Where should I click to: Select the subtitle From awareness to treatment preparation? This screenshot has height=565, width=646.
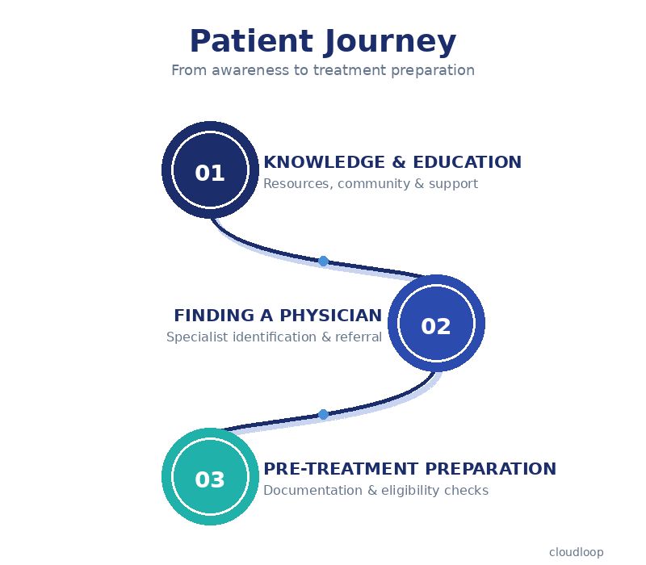coord(323,70)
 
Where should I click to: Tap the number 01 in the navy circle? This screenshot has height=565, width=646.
coord(210,174)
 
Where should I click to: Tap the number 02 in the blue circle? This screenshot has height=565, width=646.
coord(436,327)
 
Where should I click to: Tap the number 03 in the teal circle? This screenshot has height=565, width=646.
coord(210,480)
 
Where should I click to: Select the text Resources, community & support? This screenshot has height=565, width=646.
coord(371,184)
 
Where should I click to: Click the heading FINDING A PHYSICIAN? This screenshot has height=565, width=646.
coord(278,316)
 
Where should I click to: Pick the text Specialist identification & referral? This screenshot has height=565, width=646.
coord(274,337)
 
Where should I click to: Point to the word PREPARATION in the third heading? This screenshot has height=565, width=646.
coord(491,469)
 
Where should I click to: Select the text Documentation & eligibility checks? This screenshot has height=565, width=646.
coord(375,491)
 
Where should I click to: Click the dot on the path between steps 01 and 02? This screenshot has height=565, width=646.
coord(323,261)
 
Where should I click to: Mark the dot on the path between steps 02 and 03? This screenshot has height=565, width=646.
coord(323,414)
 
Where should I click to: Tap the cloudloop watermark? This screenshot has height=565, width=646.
coord(576,552)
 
